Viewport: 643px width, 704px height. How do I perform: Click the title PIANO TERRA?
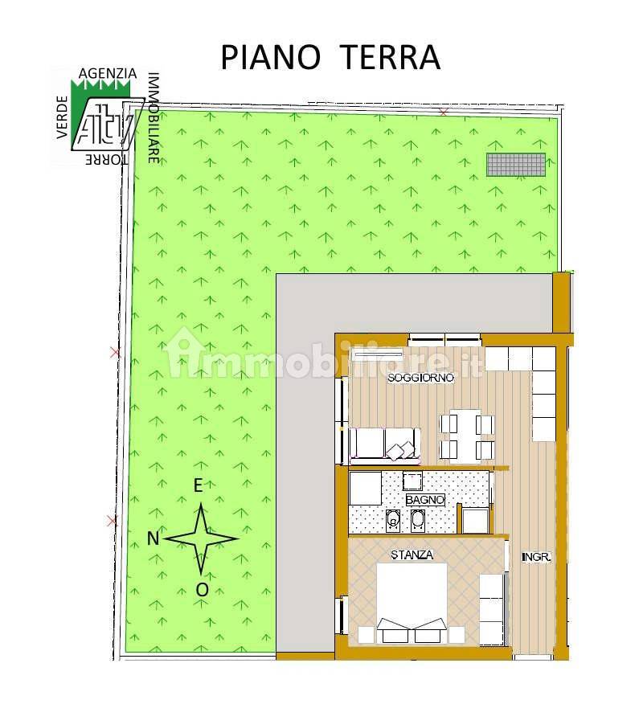(330, 57)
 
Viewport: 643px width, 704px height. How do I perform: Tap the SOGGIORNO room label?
(420, 378)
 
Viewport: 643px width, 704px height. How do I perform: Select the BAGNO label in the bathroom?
(425, 499)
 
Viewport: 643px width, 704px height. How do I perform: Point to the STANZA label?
(412, 555)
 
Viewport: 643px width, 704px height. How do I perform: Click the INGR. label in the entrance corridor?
(536, 556)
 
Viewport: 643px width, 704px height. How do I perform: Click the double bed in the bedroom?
(412, 603)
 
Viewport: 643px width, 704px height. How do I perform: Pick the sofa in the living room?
(384, 444)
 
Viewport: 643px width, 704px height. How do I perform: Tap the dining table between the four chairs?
(465, 435)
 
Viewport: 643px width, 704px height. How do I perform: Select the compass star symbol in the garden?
(201, 538)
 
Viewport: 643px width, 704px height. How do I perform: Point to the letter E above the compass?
(198, 485)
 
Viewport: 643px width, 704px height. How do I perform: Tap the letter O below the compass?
(202, 590)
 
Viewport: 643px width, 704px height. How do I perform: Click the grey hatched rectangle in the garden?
(516, 164)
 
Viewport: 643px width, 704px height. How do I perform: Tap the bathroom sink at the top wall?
(412, 481)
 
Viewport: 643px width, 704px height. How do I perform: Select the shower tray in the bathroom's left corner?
(365, 488)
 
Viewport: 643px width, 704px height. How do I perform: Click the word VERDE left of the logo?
(63, 117)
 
